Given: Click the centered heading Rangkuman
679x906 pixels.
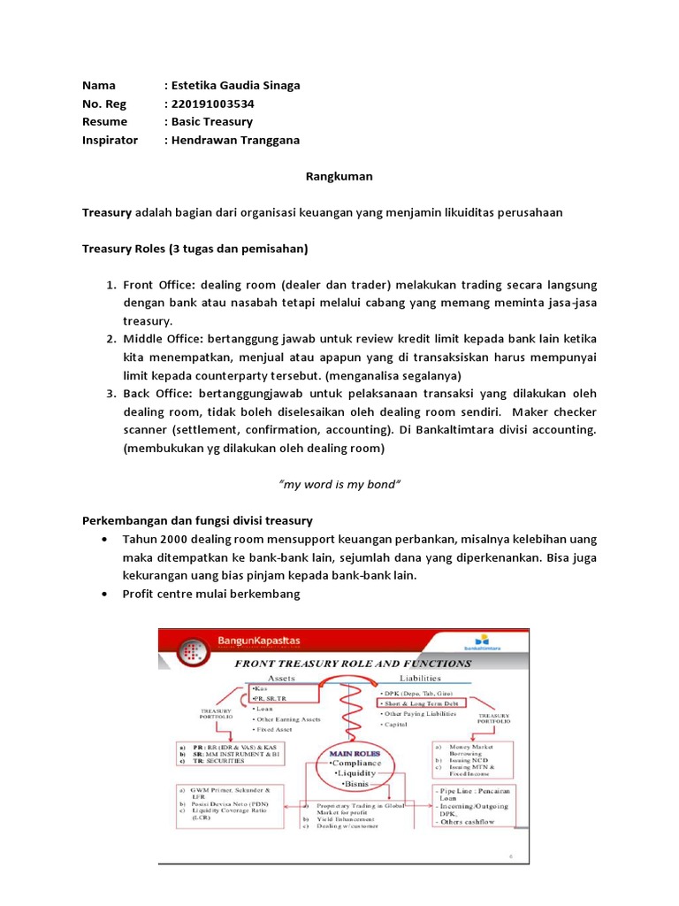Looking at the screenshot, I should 339,176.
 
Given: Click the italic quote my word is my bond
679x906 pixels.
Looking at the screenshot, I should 339,485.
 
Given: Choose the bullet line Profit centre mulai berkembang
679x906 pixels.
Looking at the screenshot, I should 211,594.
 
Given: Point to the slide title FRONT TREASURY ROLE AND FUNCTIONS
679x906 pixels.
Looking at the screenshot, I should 351,663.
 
